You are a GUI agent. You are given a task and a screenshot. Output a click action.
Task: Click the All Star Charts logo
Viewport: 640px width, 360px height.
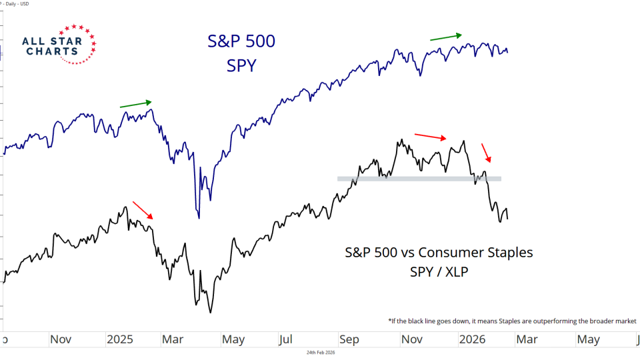(x=58, y=45)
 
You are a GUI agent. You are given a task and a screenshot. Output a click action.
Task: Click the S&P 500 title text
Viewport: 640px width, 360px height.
(x=240, y=41)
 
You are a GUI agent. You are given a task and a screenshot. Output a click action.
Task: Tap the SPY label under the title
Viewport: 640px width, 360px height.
(x=240, y=65)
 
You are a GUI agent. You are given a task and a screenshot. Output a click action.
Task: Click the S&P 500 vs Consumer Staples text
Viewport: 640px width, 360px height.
(x=439, y=253)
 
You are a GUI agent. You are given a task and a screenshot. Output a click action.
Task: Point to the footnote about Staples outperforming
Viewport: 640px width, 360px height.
(x=512, y=321)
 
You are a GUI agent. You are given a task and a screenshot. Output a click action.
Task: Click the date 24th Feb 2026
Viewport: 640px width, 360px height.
(x=321, y=353)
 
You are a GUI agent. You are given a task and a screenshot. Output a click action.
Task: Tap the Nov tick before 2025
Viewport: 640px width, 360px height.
(x=61, y=339)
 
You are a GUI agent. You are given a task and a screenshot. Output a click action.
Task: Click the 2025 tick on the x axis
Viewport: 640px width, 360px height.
(x=120, y=339)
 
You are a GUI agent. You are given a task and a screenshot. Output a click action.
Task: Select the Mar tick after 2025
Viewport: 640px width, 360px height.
(x=173, y=339)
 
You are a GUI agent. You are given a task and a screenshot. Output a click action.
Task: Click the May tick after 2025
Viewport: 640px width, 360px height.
(x=233, y=339)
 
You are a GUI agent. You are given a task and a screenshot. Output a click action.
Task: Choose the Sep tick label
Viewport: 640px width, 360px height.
(x=349, y=339)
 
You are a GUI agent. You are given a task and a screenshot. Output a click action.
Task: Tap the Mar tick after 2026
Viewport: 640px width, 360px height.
(x=527, y=339)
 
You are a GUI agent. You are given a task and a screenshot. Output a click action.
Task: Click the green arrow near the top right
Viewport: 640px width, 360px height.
(x=445, y=37)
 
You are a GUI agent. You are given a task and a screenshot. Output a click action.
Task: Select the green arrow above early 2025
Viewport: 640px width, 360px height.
(x=135, y=104)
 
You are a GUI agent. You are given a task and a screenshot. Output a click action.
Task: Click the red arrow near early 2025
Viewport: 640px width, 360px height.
(x=143, y=210)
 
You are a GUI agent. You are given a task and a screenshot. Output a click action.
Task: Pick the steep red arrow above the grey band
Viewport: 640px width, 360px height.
(x=487, y=153)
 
